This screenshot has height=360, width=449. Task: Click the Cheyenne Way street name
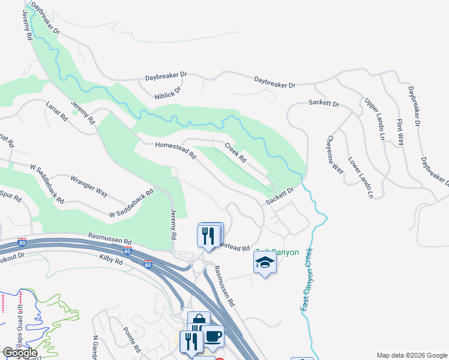click(x=334, y=158)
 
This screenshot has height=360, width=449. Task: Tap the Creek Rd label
click(x=236, y=152)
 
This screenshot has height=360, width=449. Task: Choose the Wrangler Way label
click(x=89, y=185)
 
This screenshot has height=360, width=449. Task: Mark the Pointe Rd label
click(x=132, y=340)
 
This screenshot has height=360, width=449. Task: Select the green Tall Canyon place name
click(x=277, y=252)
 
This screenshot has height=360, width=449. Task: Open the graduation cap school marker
click(x=265, y=262)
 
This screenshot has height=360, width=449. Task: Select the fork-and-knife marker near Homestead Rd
click(x=209, y=235)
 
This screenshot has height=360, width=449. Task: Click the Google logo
click(x=20, y=353)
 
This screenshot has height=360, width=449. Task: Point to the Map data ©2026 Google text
click(x=411, y=355)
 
